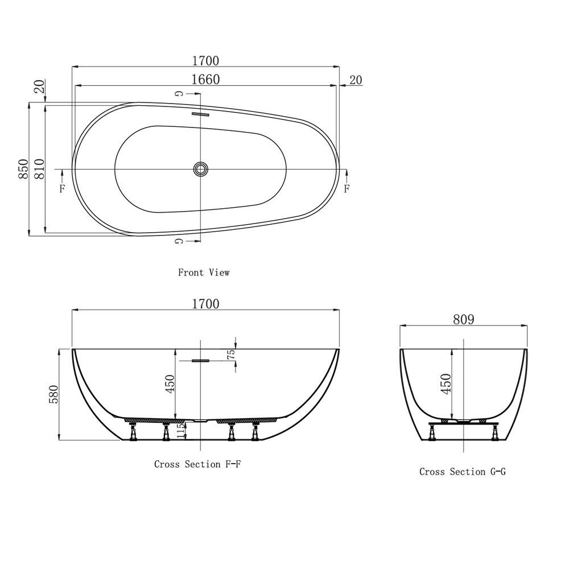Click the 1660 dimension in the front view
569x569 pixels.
pos(205,80)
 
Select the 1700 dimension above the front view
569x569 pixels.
pos(205,60)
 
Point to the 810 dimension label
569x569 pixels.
pos(39,169)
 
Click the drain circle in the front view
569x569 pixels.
pos(201,168)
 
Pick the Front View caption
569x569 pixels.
pos(204,273)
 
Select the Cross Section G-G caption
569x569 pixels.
pos(462,472)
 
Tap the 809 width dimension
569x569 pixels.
pos(464,319)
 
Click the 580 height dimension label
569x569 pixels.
pos(55,394)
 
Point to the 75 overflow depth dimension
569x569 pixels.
pos(230,354)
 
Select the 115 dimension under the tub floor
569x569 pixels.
pos(181,430)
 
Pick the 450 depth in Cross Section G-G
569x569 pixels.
pos(446,384)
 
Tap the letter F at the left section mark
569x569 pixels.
pos(62,189)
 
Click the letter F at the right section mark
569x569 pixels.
pos(347,188)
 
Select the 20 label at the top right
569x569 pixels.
pos(356,80)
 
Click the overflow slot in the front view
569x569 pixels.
pos(201,114)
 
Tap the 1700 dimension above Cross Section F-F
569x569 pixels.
pos(205,304)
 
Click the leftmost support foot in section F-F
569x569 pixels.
pos(134,434)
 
